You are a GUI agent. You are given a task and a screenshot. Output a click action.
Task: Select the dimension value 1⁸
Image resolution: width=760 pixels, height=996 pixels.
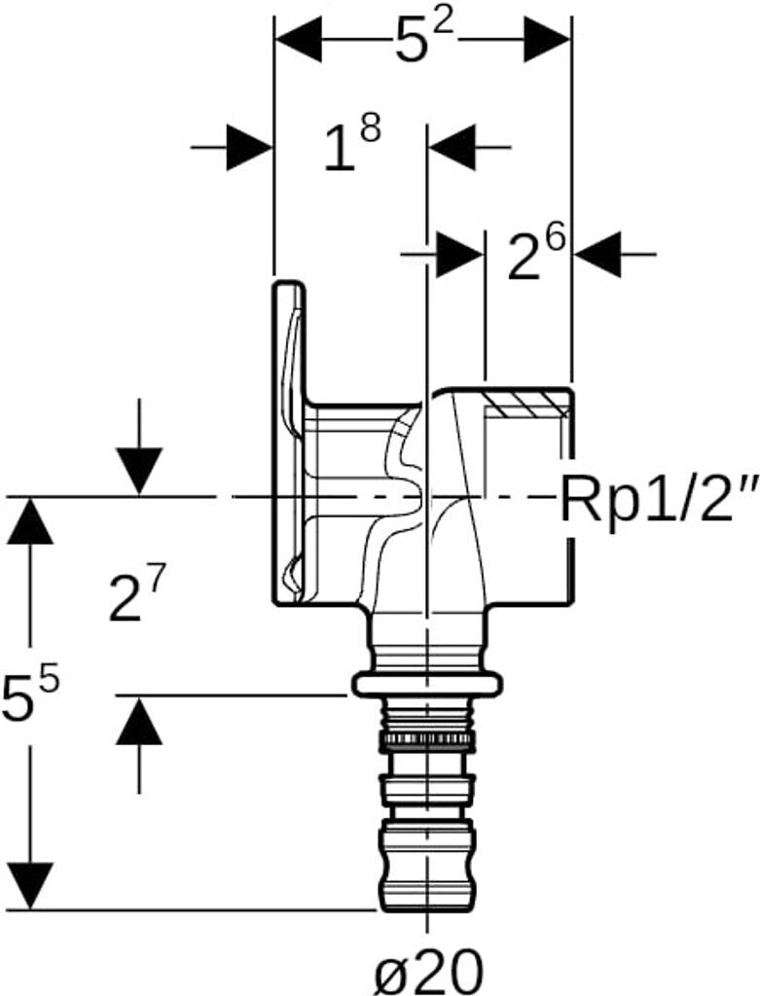[350, 146]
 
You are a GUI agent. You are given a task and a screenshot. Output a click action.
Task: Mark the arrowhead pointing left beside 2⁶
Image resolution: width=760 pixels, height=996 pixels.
[596, 254]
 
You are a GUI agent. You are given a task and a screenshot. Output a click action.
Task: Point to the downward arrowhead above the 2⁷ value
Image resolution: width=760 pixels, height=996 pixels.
[139, 471]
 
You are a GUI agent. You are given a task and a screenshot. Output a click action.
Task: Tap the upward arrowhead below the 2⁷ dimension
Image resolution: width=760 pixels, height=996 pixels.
[139, 722]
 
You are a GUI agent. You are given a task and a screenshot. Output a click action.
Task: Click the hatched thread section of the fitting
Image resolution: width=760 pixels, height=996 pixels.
[525, 401]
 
